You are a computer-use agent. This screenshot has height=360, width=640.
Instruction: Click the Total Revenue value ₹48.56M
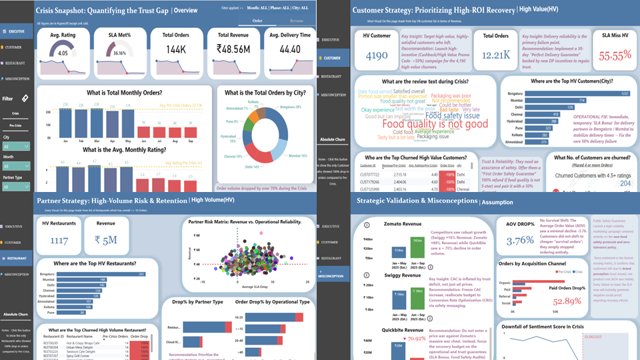pyautogui.click(x=237, y=49)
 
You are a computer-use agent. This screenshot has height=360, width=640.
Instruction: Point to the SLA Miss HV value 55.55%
pyautogui.click(x=615, y=56)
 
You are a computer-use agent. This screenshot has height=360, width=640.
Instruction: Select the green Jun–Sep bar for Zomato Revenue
pyautogui.click(x=417, y=249)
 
